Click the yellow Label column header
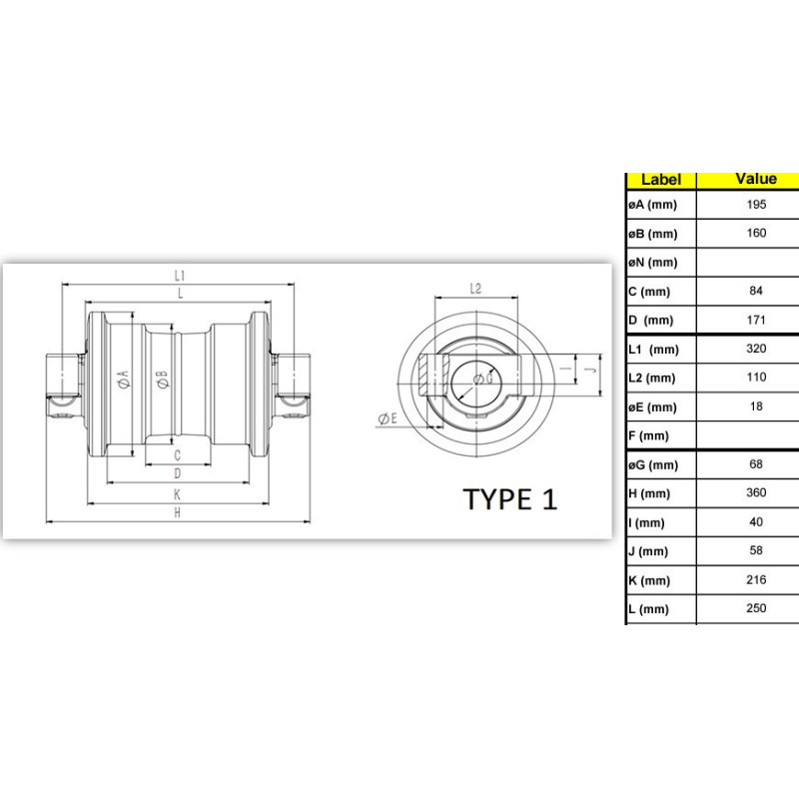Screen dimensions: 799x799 (660, 180)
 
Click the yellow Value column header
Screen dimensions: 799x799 (756, 179)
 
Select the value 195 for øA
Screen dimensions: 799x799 (756, 205)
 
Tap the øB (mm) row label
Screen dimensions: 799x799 (653, 234)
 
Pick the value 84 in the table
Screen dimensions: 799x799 (756, 291)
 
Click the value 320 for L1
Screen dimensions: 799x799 (756, 349)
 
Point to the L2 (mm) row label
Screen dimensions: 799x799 (652, 379)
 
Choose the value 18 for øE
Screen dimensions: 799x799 (756, 406)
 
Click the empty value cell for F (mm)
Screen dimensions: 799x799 (747, 435)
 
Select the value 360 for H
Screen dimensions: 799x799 (756, 492)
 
